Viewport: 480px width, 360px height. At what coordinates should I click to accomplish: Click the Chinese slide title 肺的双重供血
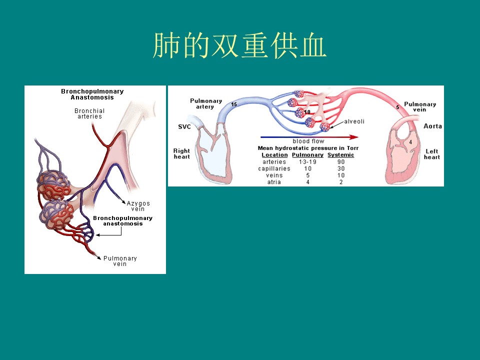pos(239,45)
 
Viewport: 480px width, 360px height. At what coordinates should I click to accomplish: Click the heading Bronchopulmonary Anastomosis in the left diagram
pos(92,94)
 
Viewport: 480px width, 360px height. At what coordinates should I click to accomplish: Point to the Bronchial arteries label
pos(89,113)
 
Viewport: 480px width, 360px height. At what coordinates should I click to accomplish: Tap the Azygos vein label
pos(138,206)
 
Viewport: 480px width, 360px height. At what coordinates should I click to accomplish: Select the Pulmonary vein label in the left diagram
pos(120,261)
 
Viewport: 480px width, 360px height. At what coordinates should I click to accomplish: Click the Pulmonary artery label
pos(205,103)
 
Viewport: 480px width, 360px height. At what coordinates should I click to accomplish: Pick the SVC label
pos(184,126)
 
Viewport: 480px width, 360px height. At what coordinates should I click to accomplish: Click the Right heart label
pos(181,153)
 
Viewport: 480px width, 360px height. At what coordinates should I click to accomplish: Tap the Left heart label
pos(431,154)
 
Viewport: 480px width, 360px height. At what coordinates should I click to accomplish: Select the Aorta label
pos(432,126)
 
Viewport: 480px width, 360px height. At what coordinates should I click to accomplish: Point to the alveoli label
pos(354,121)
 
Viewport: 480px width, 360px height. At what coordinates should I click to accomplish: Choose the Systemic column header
pos(340,155)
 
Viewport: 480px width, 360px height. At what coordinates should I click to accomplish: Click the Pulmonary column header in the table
pos(307,155)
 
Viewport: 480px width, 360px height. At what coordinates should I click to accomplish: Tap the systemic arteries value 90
pos(341,162)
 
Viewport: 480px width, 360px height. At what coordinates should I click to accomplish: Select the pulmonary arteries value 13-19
pos(307,162)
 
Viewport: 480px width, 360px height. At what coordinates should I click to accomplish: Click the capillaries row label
pos(274,168)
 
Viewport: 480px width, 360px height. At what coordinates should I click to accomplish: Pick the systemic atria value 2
pos(341,182)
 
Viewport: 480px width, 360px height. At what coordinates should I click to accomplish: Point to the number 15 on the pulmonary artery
pos(234,104)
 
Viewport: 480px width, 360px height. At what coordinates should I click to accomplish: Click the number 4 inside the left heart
pos(410,142)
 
